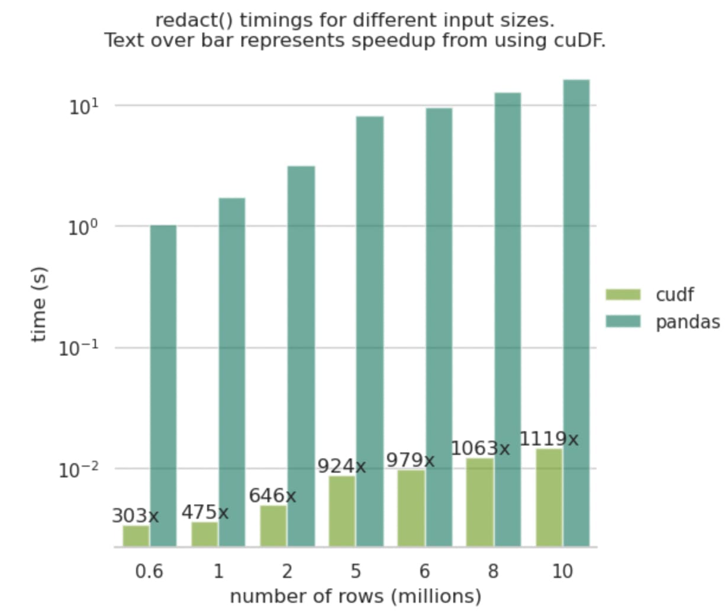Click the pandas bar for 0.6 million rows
pos(163,386)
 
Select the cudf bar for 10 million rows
pos(549,497)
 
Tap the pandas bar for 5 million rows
pos(369,331)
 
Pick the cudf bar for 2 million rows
pos(273,526)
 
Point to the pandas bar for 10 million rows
pos(576,313)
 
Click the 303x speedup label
pos(136,515)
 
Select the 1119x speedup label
pos(549,439)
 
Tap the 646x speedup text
pos(273,495)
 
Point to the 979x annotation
pos(410,460)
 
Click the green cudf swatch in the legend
pos(623,295)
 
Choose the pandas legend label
pos(688,322)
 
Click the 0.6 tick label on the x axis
pos(149,571)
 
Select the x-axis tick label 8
pos(493,571)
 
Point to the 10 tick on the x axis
pos(562,571)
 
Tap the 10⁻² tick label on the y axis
pos(79,470)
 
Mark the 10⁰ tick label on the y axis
pos(83,228)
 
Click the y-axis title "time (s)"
pos(38,304)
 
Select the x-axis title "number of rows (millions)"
pos(356,597)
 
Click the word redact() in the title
pos(194,21)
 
